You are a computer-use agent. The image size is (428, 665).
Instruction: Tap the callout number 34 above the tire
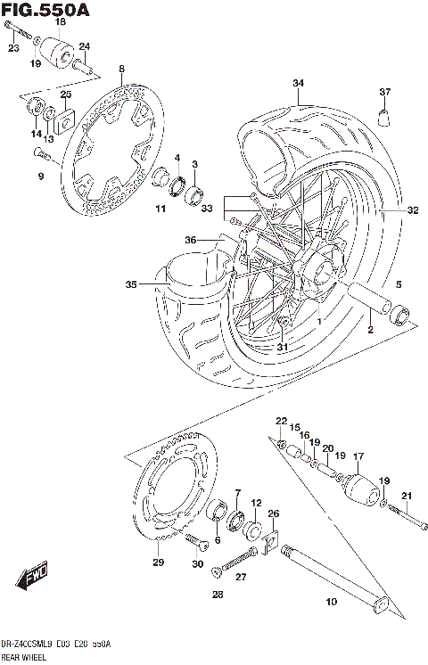298,84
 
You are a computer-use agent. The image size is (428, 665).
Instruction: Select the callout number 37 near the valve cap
385,92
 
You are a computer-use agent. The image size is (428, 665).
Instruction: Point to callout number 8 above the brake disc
121,69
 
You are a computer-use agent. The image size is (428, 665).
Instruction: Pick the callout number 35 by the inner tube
131,285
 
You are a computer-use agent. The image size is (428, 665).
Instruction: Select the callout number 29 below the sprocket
159,562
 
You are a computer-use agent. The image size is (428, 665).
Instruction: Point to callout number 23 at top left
13,48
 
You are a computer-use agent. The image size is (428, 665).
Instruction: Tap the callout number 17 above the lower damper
358,457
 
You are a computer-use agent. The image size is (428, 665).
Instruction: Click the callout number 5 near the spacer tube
399,284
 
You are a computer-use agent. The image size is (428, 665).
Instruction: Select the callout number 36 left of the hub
190,239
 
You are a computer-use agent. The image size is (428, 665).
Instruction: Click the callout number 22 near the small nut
280,420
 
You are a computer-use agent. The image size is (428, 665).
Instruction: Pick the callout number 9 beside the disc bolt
40,176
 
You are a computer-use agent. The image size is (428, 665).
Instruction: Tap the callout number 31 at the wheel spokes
283,347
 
